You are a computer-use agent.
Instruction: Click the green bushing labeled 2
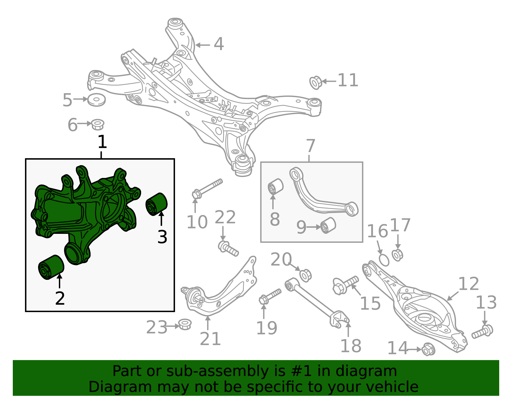[51, 267]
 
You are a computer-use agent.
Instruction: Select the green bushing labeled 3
[156, 204]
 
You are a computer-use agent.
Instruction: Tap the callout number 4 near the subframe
[219, 44]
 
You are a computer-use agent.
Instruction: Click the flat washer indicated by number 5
[96, 100]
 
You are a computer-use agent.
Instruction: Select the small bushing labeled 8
[276, 187]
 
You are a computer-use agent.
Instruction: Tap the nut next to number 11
[316, 82]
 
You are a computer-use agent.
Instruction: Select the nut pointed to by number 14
[428, 349]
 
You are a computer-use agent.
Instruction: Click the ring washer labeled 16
[384, 260]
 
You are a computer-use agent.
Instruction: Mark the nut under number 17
[397, 255]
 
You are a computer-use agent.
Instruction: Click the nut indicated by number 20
[305, 275]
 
